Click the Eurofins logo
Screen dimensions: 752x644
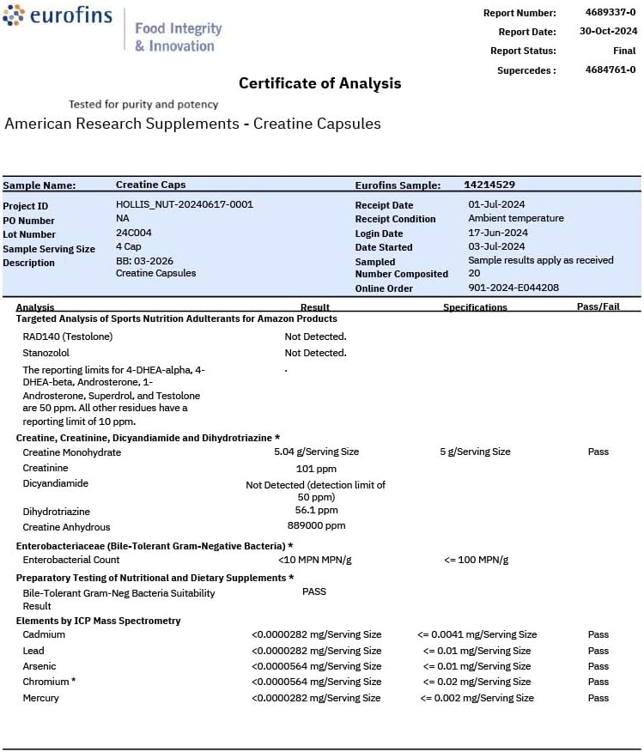click(x=58, y=16)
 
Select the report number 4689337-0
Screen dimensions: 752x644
click(x=610, y=13)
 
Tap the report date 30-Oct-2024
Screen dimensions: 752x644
click(x=607, y=32)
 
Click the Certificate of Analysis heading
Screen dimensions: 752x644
click(x=319, y=83)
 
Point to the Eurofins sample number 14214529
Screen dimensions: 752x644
click(x=489, y=185)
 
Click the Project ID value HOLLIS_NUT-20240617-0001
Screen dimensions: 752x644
click(x=185, y=204)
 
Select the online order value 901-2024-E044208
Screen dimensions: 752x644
click(x=513, y=288)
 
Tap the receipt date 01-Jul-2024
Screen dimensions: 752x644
click(x=496, y=204)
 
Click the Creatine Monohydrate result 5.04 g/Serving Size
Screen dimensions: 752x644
click(x=316, y=452)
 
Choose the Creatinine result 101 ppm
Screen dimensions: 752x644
click(x=316, y=469)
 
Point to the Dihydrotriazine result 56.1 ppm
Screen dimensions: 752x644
click(x=316, y=510)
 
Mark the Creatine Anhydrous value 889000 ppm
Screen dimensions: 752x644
click(x=316, y=525)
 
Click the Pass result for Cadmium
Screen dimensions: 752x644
click(x=598, y=634)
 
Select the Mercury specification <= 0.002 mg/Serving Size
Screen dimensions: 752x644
click(x=477, y=698)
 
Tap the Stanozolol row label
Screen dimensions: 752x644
click(x=46, y=353)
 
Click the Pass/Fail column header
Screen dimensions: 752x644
click(x=598, y=306)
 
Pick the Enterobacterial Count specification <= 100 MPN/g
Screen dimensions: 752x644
click(x=477, y=560)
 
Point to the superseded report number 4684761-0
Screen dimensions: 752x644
click(x=611, y=70)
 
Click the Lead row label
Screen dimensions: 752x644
click(x=33, y=651)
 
